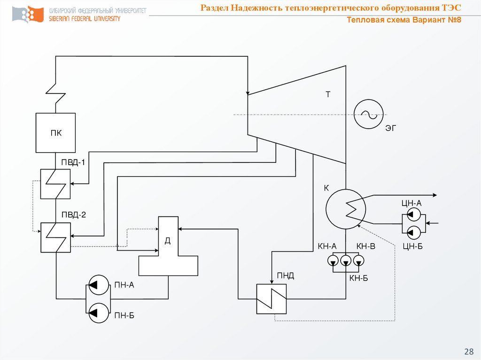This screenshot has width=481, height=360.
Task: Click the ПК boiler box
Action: point(55,133)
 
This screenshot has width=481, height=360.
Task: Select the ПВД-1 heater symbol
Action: point(55,184)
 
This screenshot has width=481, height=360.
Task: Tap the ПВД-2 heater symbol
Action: point(55,237)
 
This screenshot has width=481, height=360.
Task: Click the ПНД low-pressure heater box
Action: point(272,299)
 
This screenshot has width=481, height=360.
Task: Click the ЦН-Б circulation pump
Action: point(413,231)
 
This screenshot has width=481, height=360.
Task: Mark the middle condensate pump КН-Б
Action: point(346,260)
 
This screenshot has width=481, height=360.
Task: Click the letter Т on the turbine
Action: point(328,94)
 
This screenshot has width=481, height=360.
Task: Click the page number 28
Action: point(468,352)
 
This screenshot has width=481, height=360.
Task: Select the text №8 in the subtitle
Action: point(452,21)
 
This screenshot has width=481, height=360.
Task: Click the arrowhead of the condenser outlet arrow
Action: point(434,195)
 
